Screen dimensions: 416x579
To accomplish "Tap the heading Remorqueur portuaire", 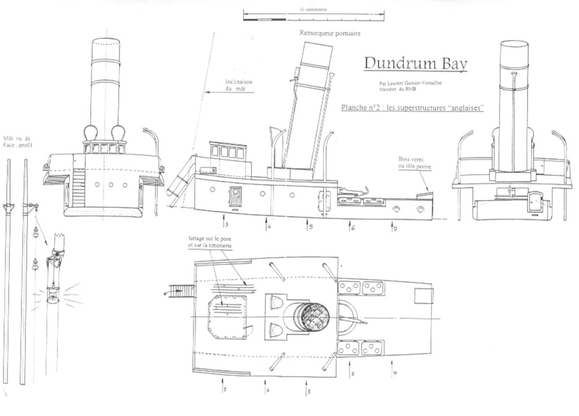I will click(330, 33).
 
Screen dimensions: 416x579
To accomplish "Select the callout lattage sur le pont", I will click(210, 243).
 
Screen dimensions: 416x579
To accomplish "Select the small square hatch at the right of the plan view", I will click(423, 295).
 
